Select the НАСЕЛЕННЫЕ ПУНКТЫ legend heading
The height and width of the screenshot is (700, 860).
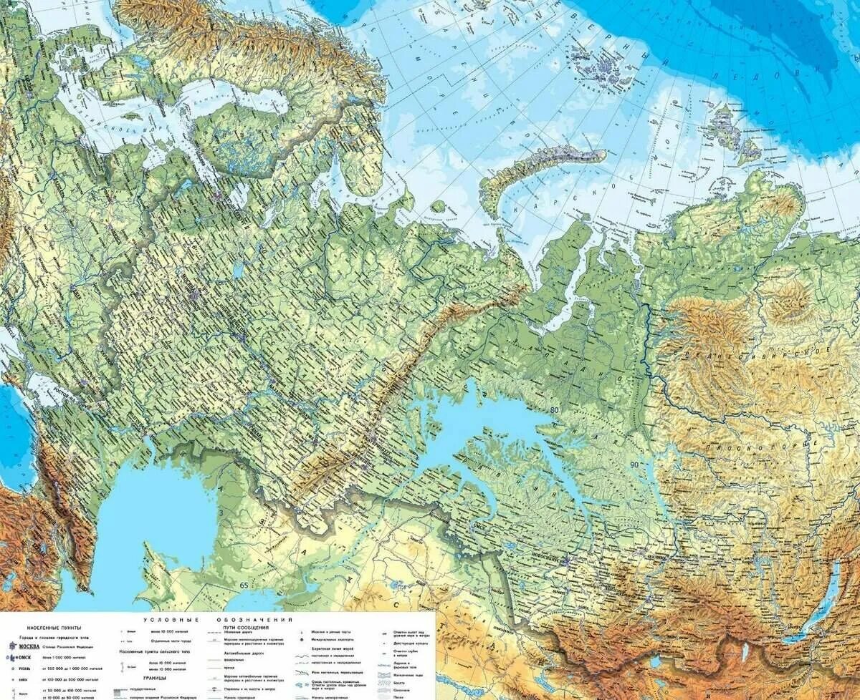click(54, 627)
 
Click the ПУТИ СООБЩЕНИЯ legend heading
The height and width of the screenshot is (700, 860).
click(245, 627)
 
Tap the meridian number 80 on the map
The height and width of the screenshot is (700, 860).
click(554, 409)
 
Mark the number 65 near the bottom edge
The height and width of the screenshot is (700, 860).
click(244, 585)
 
